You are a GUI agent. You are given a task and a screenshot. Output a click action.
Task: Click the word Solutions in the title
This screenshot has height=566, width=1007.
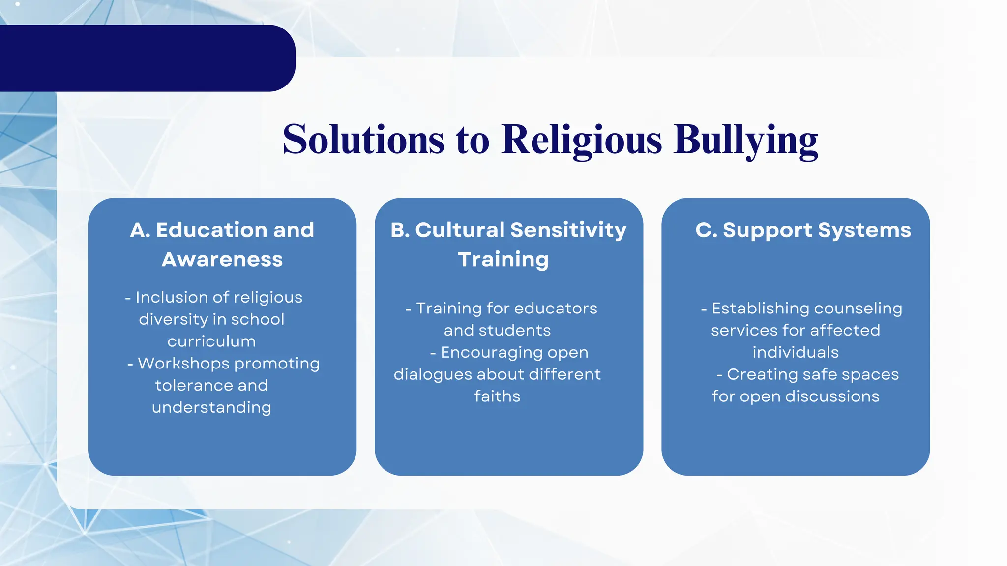[x=363, y=140]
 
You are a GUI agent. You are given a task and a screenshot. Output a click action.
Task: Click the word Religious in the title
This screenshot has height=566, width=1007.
[x=582, y=140]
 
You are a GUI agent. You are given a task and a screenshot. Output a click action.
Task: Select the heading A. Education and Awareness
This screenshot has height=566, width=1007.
[x=222, y=244]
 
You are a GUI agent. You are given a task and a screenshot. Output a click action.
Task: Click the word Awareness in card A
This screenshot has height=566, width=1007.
[x=222, y=259]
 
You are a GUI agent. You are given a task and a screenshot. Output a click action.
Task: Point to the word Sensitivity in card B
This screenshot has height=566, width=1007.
[x=568, y=230]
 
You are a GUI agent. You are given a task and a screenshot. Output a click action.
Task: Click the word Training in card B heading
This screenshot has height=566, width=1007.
[x=503, y=259]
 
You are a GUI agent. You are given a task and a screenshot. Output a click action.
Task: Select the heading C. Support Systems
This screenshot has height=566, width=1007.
[x=803, y=230]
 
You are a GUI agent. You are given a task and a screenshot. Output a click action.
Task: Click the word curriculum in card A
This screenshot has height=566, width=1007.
[x=211, y=341]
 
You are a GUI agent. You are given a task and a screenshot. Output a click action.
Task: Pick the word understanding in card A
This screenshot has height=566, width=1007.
[x=211, y=407]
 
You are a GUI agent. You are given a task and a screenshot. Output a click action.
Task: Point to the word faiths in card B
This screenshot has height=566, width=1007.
[x=497, y=396]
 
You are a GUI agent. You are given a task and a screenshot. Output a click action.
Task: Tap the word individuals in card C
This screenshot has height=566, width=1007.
[x=796, y=352]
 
